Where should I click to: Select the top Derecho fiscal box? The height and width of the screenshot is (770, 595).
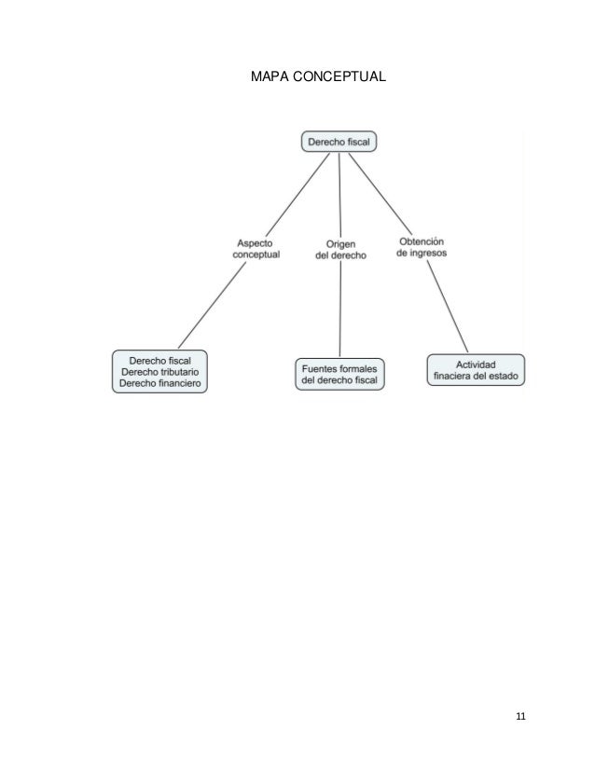point(339,142)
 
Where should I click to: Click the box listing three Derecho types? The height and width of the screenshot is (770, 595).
point(159,370)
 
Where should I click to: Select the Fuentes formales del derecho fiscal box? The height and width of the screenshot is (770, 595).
point(340,372)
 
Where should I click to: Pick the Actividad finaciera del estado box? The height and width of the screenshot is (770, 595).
point(476,369)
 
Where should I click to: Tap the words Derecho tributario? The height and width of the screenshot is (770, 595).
point(159,371)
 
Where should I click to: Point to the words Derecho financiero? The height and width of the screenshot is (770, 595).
point(159,383)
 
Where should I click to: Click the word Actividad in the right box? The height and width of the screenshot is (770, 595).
point(476,363)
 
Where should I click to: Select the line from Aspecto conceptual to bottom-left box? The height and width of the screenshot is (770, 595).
point(213,305)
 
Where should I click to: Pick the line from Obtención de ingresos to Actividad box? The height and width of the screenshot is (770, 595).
point(450,307)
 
